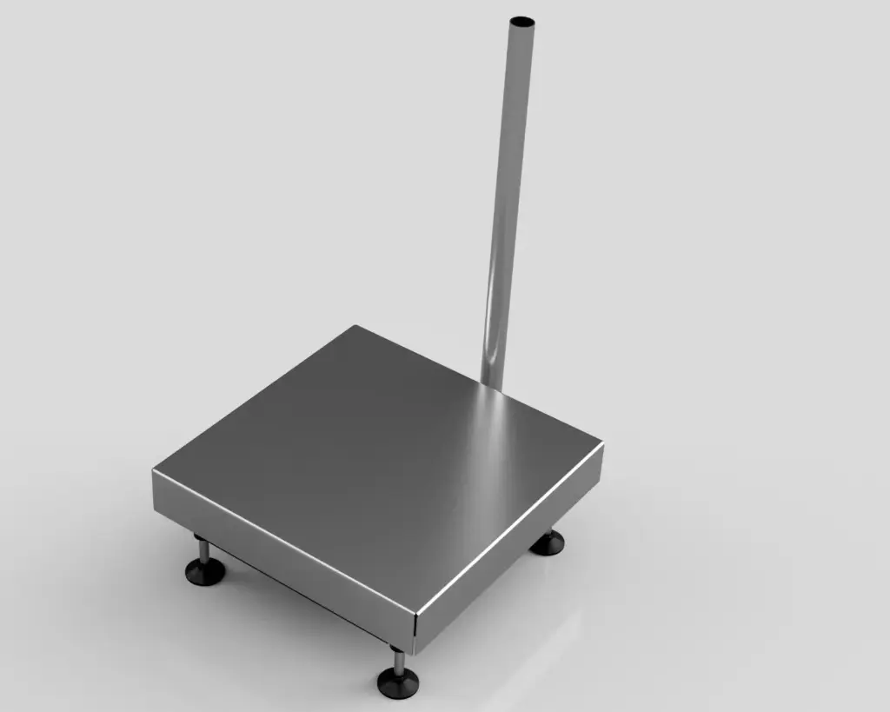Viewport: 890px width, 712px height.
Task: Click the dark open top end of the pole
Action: pyautogui.click(x=522, y=19)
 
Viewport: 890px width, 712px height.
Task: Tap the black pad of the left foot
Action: pyautogui.click(x=205, y=572)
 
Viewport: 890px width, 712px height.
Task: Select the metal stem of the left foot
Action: pyautogui.click(x=203, y=550)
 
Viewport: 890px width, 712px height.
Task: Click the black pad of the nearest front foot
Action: pyautogui.click(x=398, y=682)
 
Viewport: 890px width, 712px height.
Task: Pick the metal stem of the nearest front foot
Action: pyautogui.click(x=398, y=662)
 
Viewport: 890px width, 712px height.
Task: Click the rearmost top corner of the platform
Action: pyautogui.click(x=355, y=326)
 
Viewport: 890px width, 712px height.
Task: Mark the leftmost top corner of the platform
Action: pyautogui.click(x=153, y=470)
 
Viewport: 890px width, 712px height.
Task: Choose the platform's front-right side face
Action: pyautogui.click(x=513, y=556)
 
